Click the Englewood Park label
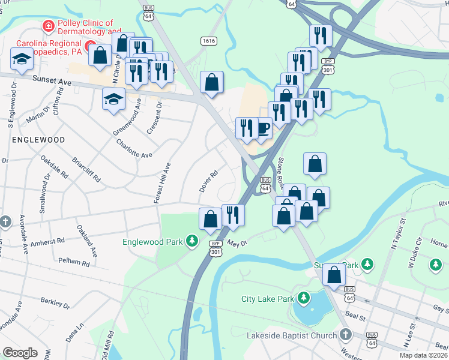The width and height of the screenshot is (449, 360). [152, 242]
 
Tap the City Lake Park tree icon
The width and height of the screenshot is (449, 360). [304, 298]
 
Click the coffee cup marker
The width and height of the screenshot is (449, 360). [262, 127]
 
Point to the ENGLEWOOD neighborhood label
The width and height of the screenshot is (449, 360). [37, 139]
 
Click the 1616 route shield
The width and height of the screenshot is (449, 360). [209, 40]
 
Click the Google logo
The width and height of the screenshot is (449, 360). [20, 353]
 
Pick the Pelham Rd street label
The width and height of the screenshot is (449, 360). [74, 262]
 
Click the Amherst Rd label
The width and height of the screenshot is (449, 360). [47, 241]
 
